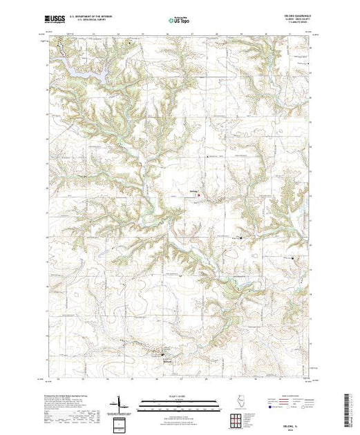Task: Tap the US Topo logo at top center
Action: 179,21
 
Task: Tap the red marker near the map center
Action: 200,195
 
